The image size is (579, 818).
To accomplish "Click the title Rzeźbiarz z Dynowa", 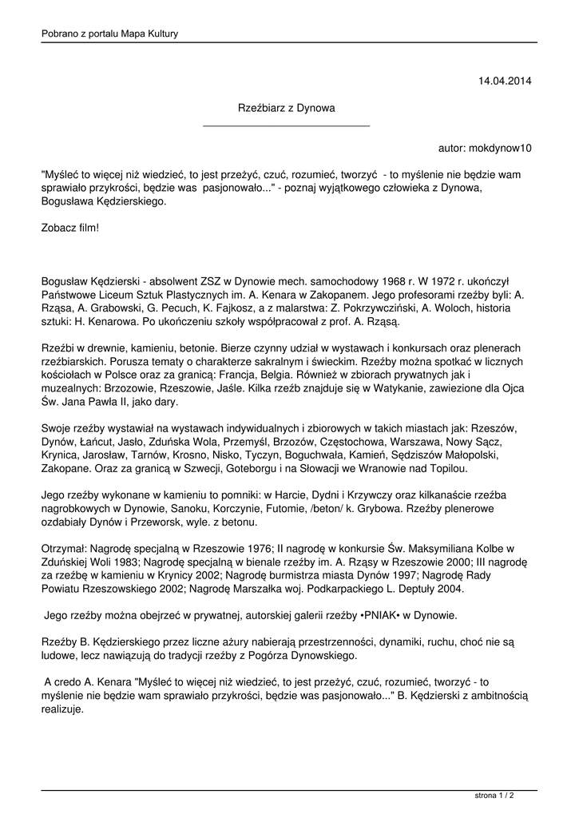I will [x=287, y=107].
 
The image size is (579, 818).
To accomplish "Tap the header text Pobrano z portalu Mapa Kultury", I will [x=109, y=34].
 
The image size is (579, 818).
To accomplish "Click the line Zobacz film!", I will [x=70, y=228].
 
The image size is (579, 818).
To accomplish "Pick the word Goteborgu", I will [x=208, y=468].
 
